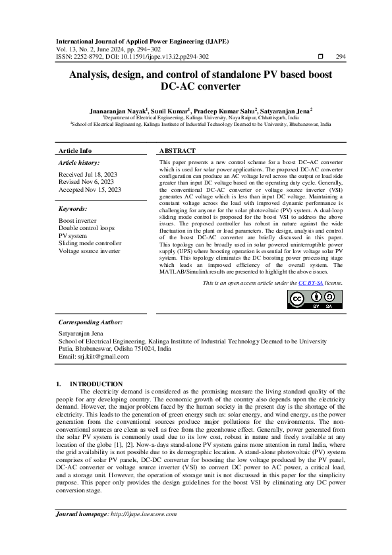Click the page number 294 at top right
click(x=341, y=57)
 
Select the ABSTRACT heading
click(x=177, y=151)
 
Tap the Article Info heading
click(x=76, y=151)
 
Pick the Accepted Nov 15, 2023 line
click(x=90, y=190)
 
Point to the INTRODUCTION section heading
click(x=96, y=384)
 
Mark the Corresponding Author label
click(x=90, y=322)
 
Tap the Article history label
click(x=79, y=162)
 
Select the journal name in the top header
click(x=143, y=41)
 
